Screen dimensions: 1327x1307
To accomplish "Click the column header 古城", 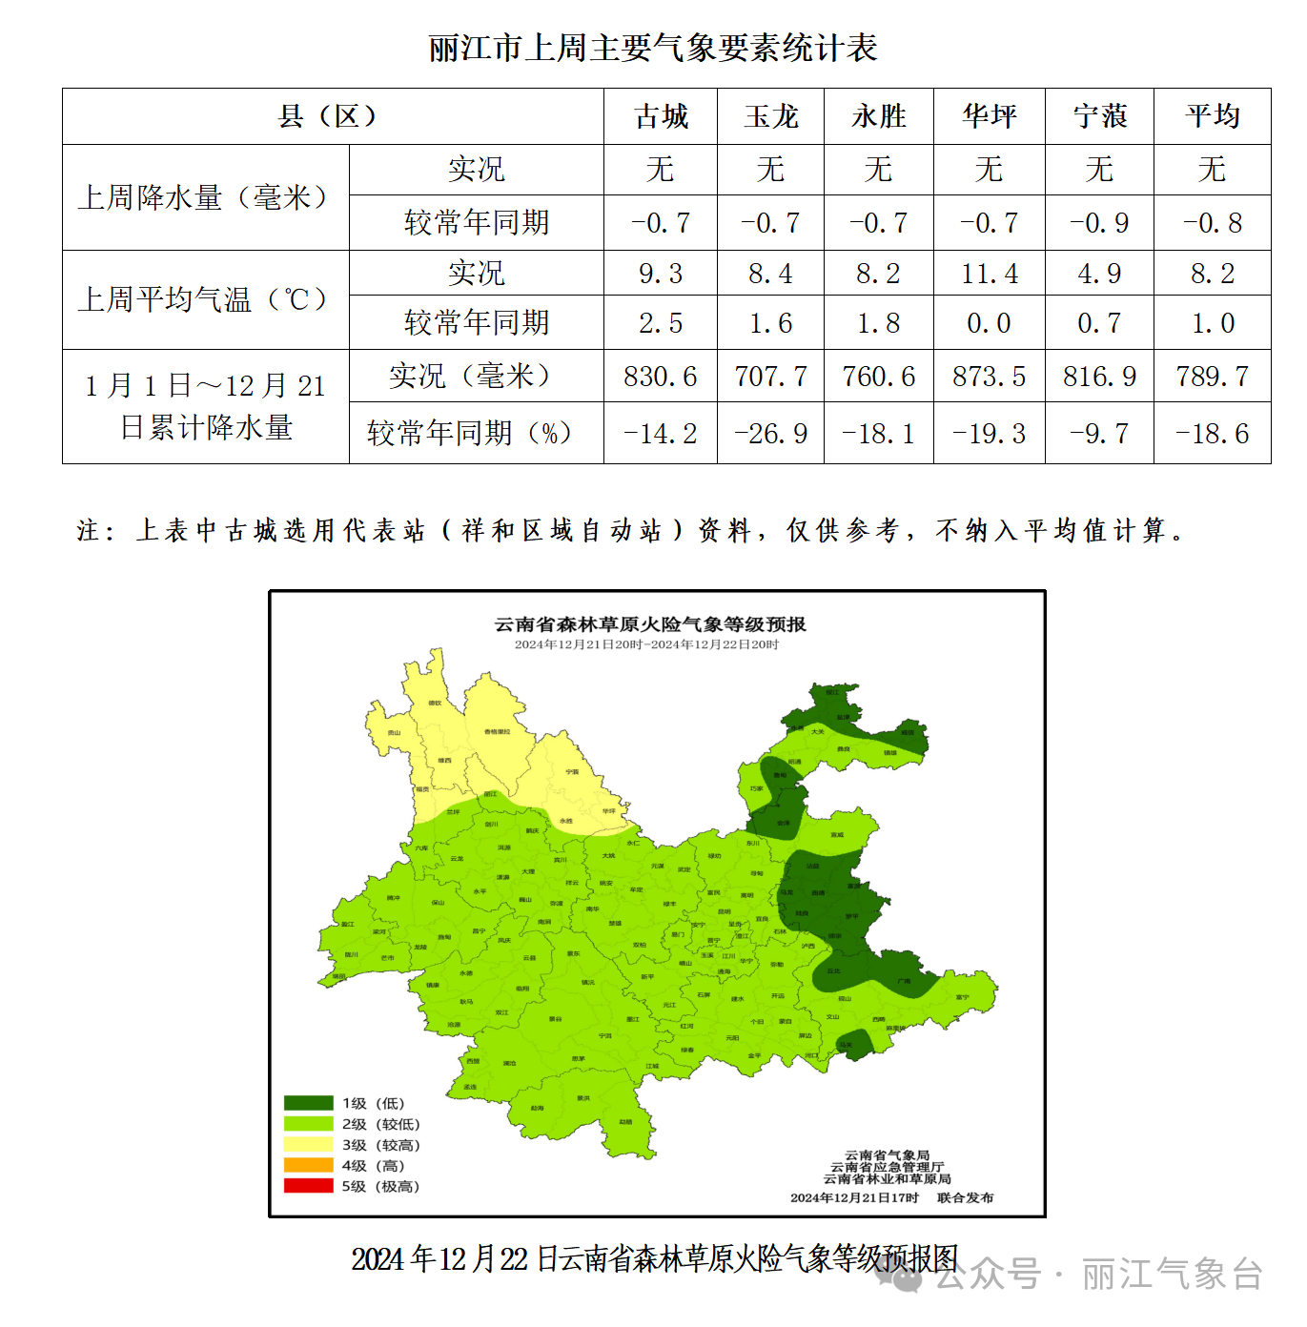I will (x=661, y=116).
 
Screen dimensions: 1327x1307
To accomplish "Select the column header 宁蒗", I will (x=1099, y=116).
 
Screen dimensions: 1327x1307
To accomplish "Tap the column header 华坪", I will (x=989, y=116).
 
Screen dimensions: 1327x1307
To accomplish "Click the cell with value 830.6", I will (x=661, y=377).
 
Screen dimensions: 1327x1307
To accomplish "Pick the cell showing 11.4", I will (x=989, y=274).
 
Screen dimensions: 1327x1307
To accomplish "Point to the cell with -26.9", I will (x=770, y=434).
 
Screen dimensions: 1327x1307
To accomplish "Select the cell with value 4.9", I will (x=1099, y=274).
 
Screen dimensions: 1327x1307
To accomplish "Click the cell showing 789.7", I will (x=1212, y=377).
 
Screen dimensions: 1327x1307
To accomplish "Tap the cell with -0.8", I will (x=1212, y=223).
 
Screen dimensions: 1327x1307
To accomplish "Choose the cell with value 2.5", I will (x=661, y=323).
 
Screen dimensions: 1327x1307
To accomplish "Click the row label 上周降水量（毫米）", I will (x=205, y=197).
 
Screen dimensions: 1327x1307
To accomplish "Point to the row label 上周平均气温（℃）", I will (x=205, y=299).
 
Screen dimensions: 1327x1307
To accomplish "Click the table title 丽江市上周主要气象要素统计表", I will (x=653, y=48).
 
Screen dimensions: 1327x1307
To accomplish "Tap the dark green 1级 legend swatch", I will (x=308, y=1103).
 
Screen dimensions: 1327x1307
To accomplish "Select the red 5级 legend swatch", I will (x=308, y=1186).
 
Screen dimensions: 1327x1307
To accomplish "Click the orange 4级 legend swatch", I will (x=308, y=1165).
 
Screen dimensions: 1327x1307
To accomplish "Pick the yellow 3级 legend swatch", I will (x=308, y=1144).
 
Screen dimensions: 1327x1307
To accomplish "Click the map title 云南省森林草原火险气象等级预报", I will (x=650, y=624).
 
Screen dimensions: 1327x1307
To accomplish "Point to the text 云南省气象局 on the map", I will (x=887, y=1155).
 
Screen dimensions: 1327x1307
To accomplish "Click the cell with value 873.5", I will (x=989, y=377).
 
